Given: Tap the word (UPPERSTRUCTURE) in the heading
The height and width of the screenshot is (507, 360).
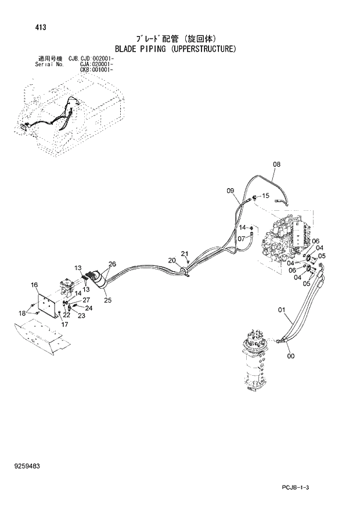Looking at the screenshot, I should [203, 49].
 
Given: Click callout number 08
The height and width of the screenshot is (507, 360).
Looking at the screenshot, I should [276, 164].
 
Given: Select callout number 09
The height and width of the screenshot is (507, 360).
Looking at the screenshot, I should [230, 190].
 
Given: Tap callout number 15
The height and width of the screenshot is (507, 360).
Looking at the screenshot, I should [266, 196].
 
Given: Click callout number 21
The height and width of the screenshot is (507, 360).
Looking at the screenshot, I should [185, 254].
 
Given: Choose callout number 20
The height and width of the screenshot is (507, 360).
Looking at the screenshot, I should [172, 260].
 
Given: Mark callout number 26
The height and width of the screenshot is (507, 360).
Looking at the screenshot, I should [112, 264].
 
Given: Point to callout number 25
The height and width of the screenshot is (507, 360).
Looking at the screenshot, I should [107, 300].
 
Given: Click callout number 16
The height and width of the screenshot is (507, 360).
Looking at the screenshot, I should [34, 285].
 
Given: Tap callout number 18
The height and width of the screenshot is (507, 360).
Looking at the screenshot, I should [22, 314].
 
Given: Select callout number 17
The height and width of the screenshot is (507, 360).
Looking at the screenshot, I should [65, 325].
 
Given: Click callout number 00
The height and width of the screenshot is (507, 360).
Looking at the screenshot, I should [290, 356].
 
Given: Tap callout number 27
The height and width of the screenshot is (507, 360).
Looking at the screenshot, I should [87, 300].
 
